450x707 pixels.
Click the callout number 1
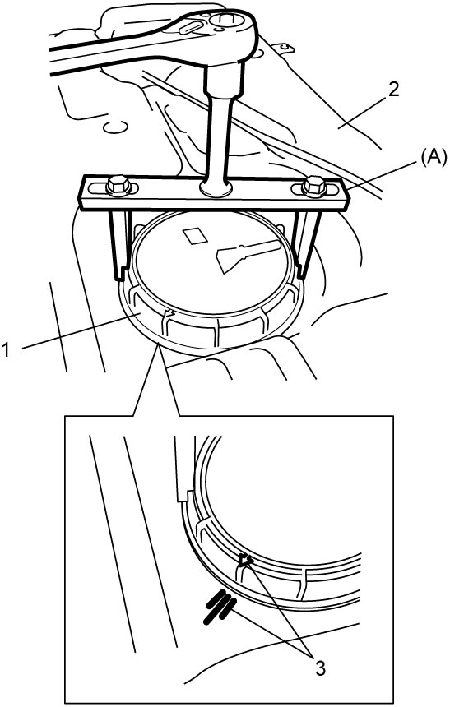[7, 350]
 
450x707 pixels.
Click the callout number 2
[393, 90]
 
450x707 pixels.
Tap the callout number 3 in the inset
[319, 668]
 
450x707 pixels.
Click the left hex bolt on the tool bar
[119, 185]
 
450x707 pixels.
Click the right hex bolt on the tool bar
[314, 186]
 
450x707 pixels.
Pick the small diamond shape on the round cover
[194, 236]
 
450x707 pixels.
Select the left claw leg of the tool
[118, 246]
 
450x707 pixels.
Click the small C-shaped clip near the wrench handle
[114, 127]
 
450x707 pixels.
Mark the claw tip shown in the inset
[183, 497]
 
